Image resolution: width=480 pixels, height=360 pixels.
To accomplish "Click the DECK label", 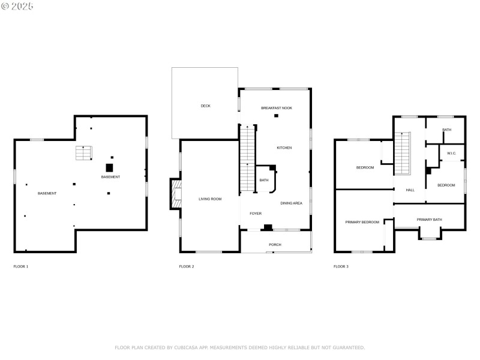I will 205,106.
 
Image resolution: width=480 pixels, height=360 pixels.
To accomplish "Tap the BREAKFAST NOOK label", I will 277,107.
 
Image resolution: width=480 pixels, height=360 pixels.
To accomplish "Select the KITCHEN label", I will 284,148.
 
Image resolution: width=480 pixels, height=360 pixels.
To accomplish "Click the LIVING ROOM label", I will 210,199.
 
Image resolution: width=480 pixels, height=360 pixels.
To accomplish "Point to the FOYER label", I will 256,213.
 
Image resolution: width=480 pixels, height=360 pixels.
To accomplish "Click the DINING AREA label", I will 291,203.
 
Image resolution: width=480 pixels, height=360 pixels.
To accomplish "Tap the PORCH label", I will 275,244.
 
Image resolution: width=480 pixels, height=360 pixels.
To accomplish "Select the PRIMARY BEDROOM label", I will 362,222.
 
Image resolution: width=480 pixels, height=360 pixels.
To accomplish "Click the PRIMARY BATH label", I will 429,220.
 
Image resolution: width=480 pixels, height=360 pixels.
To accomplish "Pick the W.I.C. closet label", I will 452,154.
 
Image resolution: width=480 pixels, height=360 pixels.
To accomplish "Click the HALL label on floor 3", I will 410,190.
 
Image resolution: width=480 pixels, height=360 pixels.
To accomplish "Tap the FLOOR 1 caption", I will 21,266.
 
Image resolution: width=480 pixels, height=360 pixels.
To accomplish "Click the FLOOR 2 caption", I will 187,266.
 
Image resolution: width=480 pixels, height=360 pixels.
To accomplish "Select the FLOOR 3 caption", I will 341,266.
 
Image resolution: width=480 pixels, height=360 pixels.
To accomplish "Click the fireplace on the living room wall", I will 175,193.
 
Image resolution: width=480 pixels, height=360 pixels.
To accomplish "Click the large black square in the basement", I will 110,167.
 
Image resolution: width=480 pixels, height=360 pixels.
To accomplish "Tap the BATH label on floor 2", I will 264,180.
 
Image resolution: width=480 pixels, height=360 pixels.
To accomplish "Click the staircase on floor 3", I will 403,154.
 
